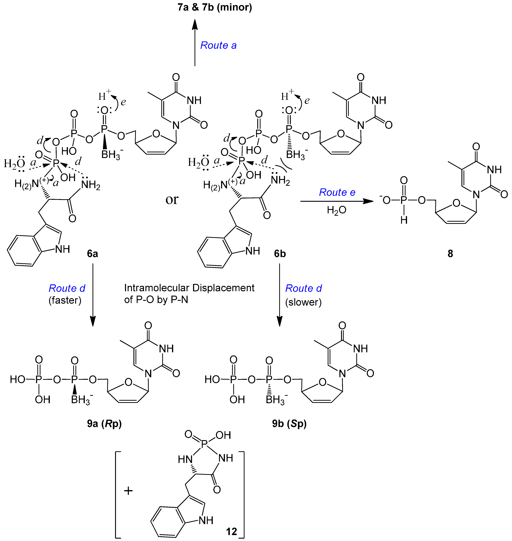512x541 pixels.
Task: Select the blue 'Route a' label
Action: [x=218, y=45]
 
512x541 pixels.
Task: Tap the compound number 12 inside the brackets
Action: [x=231, y=532]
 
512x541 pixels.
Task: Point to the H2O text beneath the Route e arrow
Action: [x=336, y=210]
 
